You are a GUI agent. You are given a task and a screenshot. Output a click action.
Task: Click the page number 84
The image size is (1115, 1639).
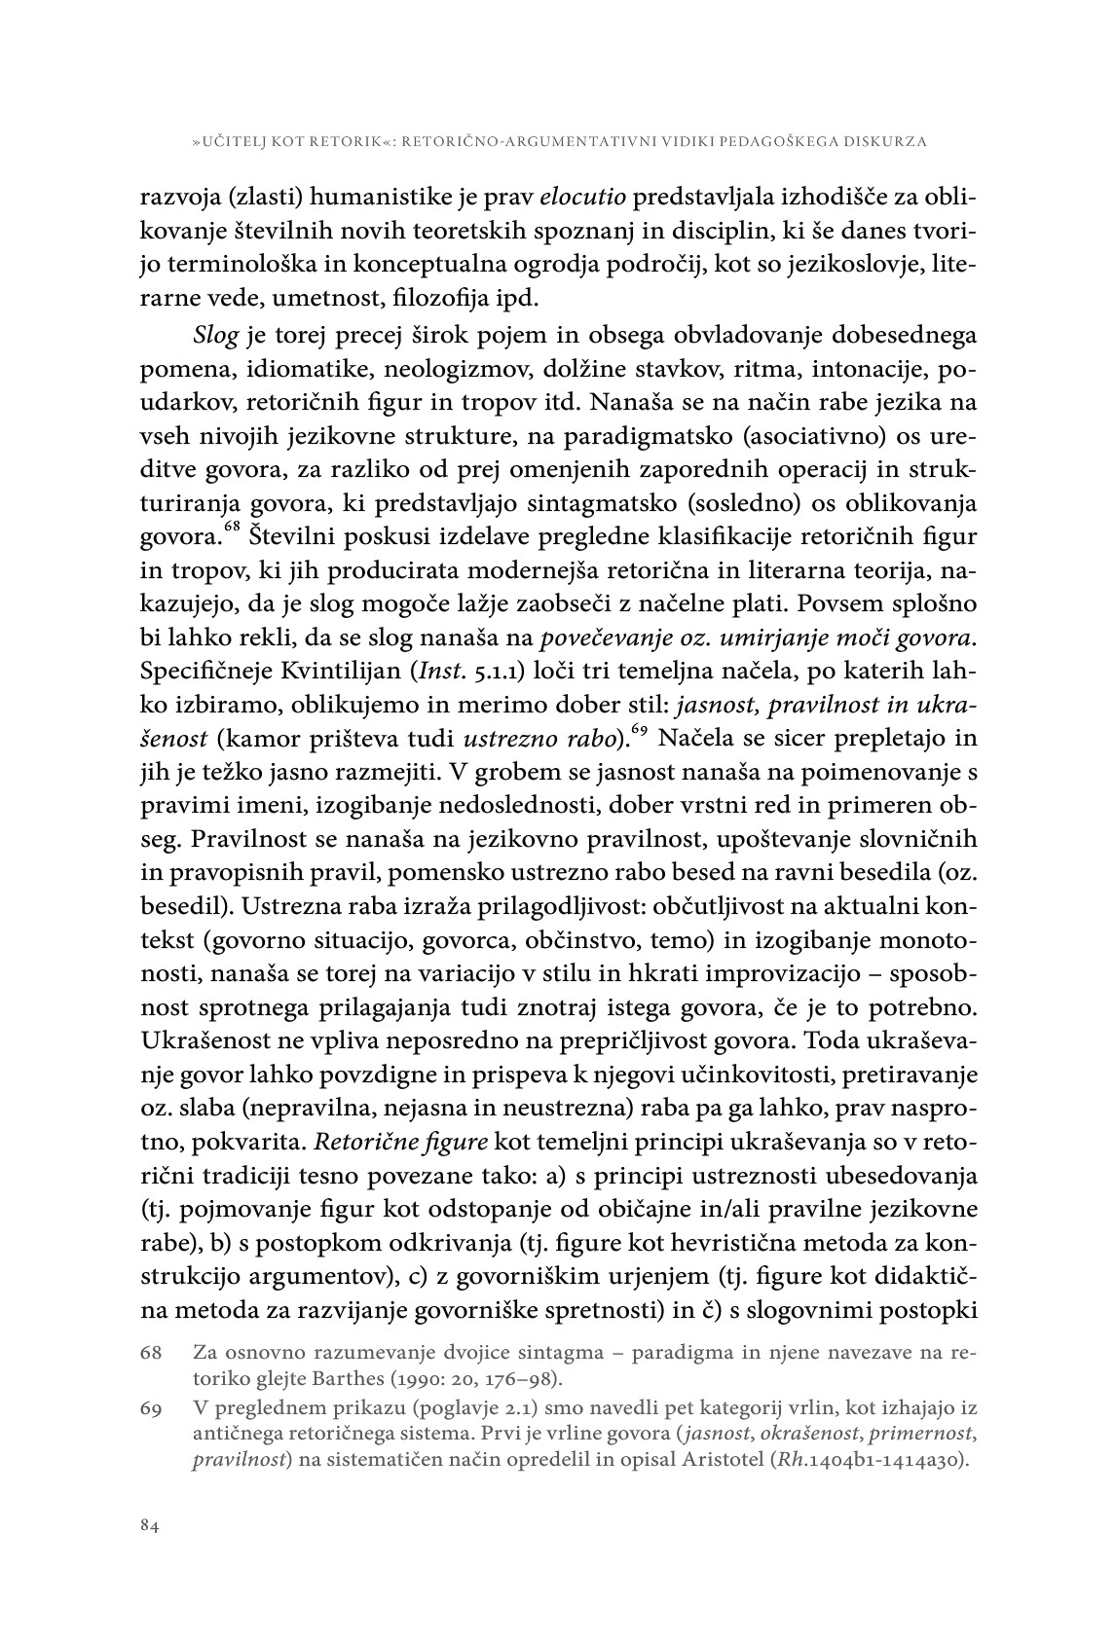(x=149, y=1526)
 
